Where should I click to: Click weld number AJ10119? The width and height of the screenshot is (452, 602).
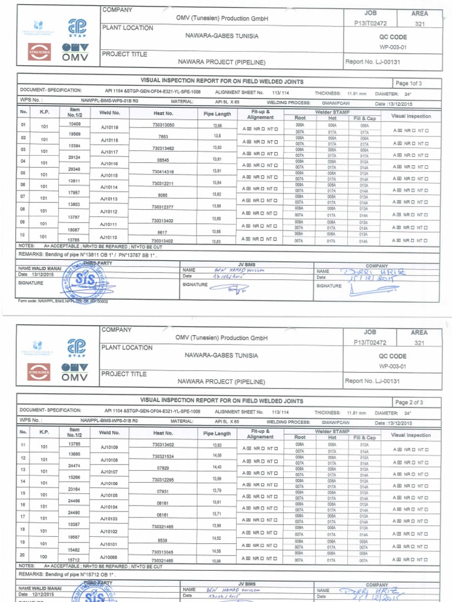(x=109, y=127)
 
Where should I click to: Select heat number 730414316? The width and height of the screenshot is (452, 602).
(x=162, y=172)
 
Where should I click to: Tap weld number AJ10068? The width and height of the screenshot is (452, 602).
(x=109, y=557)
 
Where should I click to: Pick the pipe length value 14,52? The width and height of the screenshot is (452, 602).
(x=217, y=538)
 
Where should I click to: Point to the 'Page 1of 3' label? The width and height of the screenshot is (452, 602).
(x=409, y=83)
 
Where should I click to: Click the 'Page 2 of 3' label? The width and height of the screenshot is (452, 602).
(x=409, y=403)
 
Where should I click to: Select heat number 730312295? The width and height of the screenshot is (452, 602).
(x=162, y=480)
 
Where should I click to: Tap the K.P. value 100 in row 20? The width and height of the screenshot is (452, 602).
(x=44, y=556)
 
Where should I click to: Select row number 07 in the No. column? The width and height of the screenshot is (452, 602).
(x=24, y=196)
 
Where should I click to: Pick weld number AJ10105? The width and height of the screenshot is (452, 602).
(x=109, y=495)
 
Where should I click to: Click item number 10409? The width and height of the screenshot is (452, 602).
(x=75, y=123)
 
